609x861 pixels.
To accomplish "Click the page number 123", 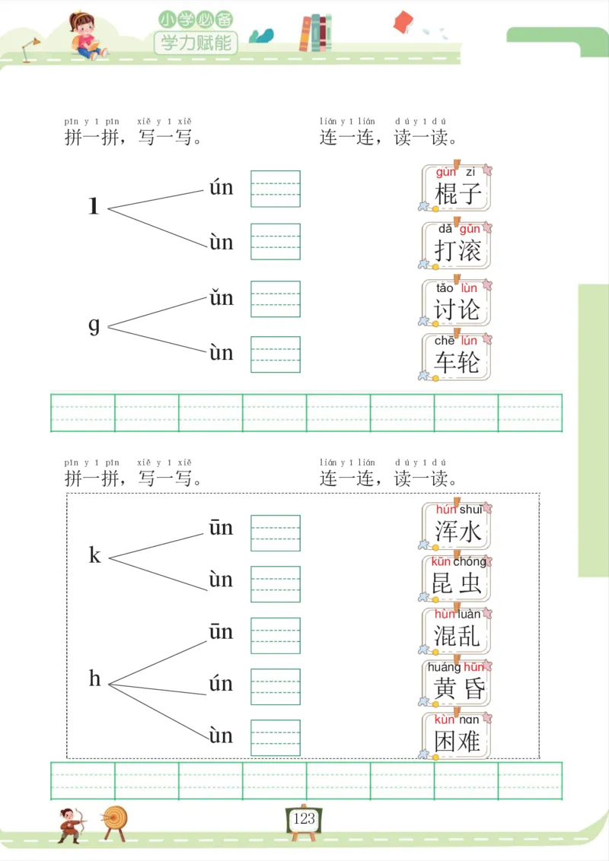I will tap(304, 818).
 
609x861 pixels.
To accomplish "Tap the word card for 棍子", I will tap(457, 188).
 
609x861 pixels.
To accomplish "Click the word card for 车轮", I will tap(457, 357).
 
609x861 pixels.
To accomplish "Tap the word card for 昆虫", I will tap(457, 579).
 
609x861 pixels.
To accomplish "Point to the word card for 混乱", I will tap(457, 631).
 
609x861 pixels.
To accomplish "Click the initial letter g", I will tap(94, 326).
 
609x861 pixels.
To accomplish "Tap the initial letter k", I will tap(94, 556).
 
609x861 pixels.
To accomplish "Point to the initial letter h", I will tap(94, 679).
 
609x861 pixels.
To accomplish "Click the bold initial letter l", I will tap(94, 207).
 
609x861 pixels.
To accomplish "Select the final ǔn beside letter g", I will tap(222, 297).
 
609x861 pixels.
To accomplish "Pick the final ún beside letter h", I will tap(222, 684).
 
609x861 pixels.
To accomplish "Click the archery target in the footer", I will tap(116, 820).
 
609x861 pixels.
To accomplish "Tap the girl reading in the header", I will tap(86, 36).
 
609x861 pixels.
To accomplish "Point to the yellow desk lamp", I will tap(30, 49).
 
